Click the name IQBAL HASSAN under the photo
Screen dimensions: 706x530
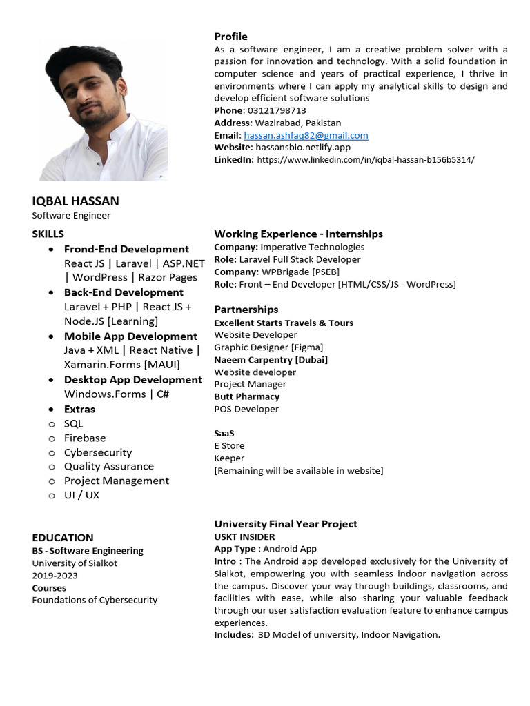click(x=75, y=201)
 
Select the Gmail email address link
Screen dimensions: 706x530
click(x=306, y=135)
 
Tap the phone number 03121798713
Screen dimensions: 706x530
click(x=276, y=110)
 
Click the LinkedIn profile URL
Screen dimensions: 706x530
click(x=365, y=160)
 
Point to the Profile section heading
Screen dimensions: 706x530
click(x=230, y=37)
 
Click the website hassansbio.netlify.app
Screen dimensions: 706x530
click(x=303, y=148)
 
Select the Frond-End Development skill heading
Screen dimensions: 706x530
click(x=126, y=249)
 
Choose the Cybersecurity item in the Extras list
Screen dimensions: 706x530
click(x=97, y=452)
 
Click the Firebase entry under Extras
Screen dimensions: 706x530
click(x=85, y=438)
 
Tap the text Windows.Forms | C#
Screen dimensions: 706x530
click(x=117, y=394)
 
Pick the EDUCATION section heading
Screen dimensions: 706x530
click(x=63, y=538)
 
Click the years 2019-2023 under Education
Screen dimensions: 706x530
click(x=55, y=576)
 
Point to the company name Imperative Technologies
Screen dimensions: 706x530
click(x=312, y=247)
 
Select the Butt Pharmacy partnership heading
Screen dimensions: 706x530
click(x=246, y=396)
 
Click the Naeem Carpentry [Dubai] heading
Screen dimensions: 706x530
click(x=271, y=359)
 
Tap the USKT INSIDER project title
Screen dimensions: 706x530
click(x=244, y=536)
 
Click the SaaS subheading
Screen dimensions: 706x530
click(x=224, y=433)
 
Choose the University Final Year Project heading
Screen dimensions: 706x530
click(x=286, y=524)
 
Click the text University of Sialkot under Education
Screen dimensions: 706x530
click(x=75, y=563)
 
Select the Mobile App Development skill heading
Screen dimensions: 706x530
click(x=130, y=336)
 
